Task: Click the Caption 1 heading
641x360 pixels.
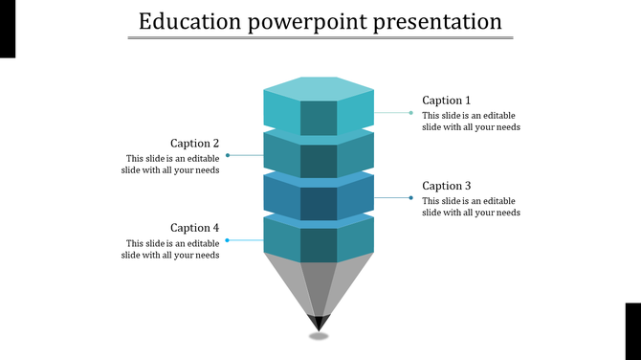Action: [x=447, y=101]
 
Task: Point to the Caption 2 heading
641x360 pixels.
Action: [x=195, y=144]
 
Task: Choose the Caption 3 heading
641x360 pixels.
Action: [x=447, y=186]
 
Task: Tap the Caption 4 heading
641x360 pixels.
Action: [x=195, y=228]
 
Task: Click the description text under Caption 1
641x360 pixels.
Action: [x=471, y=122]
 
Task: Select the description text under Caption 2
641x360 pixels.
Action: [x=171, y=165]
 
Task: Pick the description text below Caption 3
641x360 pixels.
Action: [x=471, y=207]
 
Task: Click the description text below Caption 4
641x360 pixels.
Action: [x=171, y=249]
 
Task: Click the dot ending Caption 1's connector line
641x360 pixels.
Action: [x=411, y=113]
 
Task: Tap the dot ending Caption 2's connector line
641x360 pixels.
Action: [x=228, y=155]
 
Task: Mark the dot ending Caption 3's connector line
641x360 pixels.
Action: [x=411, y=198]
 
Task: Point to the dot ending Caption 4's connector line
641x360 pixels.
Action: [x=228, y=240]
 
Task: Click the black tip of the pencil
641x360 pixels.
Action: [x=319, y=322]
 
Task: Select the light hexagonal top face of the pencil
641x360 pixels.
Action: [x=319, y=88]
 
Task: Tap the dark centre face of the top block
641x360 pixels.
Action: [x=319, y=118]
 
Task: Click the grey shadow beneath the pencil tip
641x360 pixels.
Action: [x=319, y=335]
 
